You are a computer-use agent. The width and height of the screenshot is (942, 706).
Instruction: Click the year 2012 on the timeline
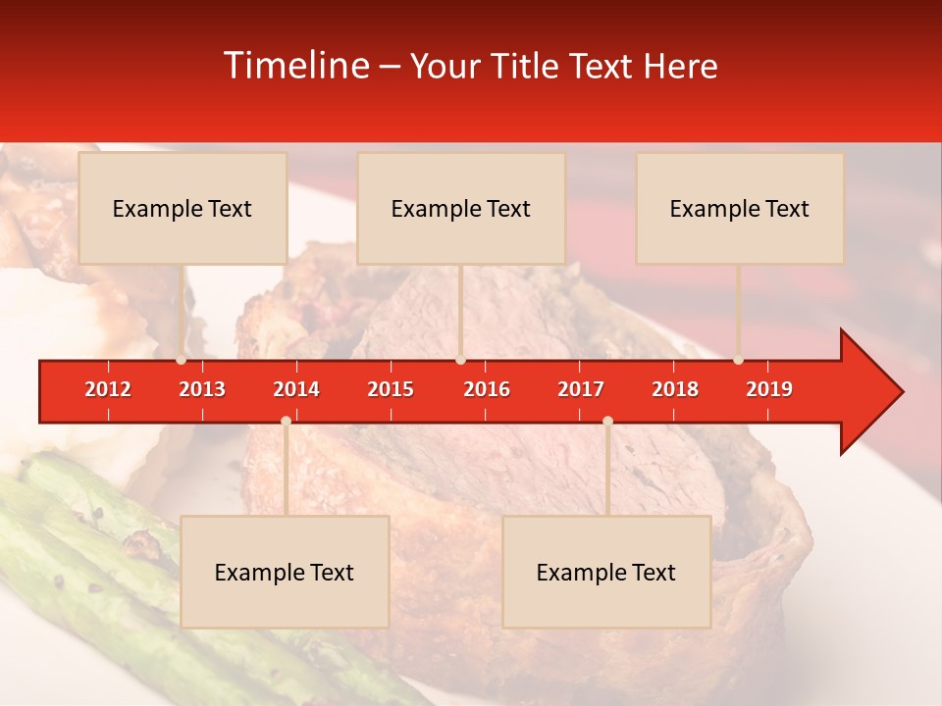tap(108, 389)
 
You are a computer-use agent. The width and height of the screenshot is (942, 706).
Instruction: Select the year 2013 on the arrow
tap(202, 389)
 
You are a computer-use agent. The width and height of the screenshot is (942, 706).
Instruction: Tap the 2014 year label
tap(296, 389)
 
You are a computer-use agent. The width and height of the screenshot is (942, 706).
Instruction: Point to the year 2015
tap(391, 389)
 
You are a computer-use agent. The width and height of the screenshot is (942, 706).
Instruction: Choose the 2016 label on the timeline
tap(487, 389)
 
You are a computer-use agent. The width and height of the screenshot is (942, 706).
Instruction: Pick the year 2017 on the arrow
tap(581, 389)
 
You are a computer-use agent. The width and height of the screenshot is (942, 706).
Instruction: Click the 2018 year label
tap(675, 389)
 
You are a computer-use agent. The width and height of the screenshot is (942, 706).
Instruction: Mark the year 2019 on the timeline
tap(769, 389)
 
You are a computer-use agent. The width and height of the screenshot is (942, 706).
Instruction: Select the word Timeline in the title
tap(295, 66)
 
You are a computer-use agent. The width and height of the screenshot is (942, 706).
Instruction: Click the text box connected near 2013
tap(183, 208)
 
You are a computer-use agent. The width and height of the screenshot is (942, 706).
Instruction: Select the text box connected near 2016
tap(461, 208)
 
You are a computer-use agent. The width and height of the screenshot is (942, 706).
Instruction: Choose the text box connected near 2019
tap(740, 208)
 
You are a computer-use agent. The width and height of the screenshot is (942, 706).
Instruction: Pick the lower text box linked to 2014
tap(285, 572)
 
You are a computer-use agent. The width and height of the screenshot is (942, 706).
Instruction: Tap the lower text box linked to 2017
tap(606, 572)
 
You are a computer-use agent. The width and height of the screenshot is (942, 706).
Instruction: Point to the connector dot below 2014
tap(286, 421)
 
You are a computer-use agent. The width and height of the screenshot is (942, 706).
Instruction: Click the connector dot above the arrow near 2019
tap(738, 360)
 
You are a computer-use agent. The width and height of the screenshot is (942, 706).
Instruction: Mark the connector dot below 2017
tap(607, 421)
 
